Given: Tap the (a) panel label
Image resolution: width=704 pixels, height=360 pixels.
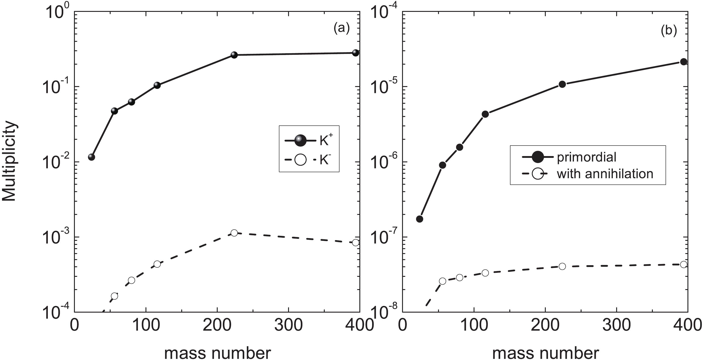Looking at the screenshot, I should pos(341,28).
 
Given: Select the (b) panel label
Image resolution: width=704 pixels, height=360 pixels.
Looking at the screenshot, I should pos(669,31).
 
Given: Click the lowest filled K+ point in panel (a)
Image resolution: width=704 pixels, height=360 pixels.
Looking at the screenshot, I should pos(92,157).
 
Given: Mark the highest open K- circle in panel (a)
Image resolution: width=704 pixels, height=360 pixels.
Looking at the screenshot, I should pos(234,233).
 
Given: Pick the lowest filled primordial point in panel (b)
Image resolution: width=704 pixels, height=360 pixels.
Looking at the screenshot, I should pos(419,219).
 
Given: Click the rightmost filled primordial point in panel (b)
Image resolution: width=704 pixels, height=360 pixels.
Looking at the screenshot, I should pos(683,62).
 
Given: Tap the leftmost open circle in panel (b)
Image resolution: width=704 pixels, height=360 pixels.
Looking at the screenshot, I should pos(443,281).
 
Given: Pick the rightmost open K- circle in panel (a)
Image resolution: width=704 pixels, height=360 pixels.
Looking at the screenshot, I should pos(355,242).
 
